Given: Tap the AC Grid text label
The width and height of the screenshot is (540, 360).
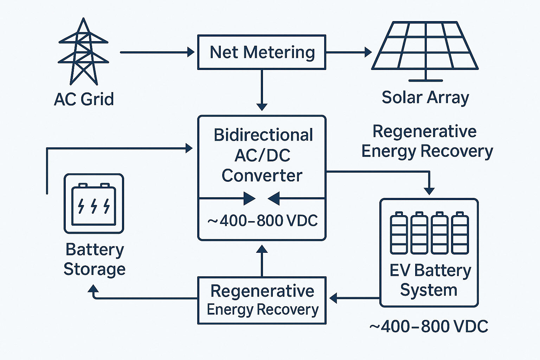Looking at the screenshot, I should (x=84, y=99).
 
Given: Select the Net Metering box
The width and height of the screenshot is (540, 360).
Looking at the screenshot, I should (x=262, y=52).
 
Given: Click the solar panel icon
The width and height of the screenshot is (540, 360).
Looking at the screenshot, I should (x=425, y=47).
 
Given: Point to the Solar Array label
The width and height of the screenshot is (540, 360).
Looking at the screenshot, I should (x=425, y=97).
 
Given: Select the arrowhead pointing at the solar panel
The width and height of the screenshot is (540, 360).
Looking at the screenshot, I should (x=368, y=52).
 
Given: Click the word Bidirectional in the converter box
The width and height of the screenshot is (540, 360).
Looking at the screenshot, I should (x=263, y=135).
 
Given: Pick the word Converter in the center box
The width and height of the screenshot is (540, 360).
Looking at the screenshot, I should (x=262, y=176).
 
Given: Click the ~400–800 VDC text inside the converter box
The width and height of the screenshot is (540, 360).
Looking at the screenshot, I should (x=262, y=221).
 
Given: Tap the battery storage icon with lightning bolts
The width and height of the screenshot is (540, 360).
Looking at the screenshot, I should (x=94, y=204).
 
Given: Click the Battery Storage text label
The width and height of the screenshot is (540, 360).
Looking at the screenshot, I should (x=94, y=259).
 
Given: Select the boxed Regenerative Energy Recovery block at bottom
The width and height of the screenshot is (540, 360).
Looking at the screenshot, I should (x=262, y=300).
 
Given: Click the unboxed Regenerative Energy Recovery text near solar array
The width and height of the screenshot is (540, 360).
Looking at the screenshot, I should (x=427, y=141).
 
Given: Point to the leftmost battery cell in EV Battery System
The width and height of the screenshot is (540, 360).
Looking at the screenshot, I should (x=399, y=233).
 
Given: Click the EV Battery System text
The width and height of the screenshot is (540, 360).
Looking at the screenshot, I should (x=430, y=280).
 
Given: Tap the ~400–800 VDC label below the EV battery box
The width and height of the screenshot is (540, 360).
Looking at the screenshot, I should (x=429, y=327).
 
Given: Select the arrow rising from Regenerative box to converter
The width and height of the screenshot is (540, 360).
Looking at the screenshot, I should (x=262, y=260).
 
